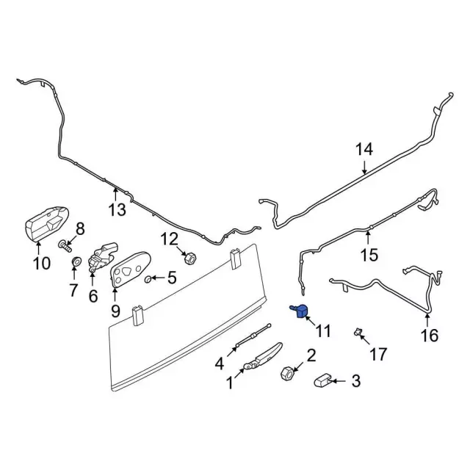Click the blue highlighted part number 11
coord(300,311)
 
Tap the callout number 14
coord(365,150)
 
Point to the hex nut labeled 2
coord(287,374)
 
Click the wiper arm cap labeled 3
coord(324,380)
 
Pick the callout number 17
coord(377,355)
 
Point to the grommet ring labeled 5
coord(149,279)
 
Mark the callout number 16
coord(429,336)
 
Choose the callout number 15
coord(369,255)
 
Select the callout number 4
coord(220,363)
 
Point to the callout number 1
coord(230,382)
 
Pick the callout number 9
coord(115,311)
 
